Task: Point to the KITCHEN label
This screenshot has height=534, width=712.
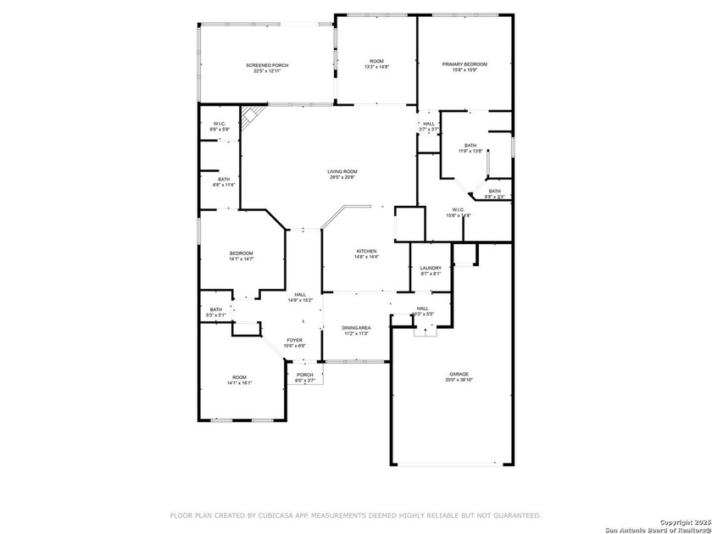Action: pos(366,251)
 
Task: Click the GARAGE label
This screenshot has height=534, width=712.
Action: pos(459,374)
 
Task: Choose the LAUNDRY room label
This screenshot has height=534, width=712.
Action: pos(431,268)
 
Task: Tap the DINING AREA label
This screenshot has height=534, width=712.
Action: pos(356,327)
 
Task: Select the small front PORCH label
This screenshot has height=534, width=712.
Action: pos(305,375)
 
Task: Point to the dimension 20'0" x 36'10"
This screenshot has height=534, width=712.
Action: pos(459,380)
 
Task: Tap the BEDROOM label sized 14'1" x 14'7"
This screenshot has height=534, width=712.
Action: pos(241,253)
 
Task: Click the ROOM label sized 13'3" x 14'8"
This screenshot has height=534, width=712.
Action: pos(375,61)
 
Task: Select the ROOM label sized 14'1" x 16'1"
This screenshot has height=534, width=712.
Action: pos(240,377)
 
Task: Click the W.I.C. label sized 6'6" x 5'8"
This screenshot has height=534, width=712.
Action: pos(219,124)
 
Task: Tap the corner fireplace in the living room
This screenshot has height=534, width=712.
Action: pos(251,116)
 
